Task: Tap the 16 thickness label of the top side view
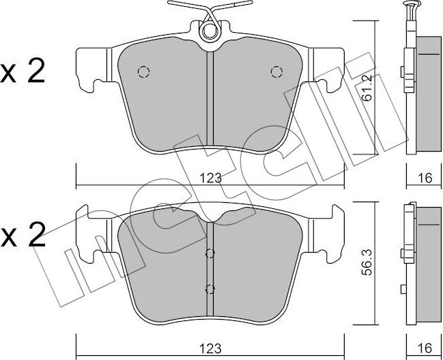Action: coord(424,178)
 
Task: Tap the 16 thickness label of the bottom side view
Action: coord(424,348)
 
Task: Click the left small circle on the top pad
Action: coord(143,71)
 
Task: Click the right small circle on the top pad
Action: coord(276,71)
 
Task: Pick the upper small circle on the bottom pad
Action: coord(210,253)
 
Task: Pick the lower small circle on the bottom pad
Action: coord(210,288)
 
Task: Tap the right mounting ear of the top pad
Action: coord(330,68)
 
